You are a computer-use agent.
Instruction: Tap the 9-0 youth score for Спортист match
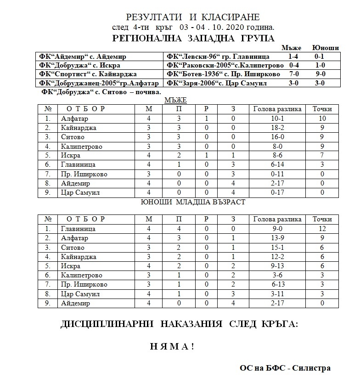coord(320,74)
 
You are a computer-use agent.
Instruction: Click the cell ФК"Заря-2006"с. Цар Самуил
coord(216,83)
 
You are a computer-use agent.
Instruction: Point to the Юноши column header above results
coord(325,48)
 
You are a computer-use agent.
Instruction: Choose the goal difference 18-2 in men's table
coord(277,128)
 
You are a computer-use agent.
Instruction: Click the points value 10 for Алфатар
coord(322,118)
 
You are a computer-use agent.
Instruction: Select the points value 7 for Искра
coord(322,156)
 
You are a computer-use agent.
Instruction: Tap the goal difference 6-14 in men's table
coord(277,165)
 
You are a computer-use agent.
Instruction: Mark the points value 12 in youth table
coord(322,228)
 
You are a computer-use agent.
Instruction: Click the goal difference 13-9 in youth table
coord(277,238)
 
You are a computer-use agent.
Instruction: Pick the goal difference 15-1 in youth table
coord(277,247)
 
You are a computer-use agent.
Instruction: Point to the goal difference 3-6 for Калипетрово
coord(277,275)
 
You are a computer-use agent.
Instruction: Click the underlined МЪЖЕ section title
coord(175,100)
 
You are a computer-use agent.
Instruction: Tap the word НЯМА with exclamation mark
coord(172,346)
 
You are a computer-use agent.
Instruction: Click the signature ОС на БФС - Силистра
coord(285,368)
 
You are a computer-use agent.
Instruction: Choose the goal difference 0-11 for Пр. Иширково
coord(277,174)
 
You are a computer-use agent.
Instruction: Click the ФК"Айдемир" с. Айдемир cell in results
coord(83,56)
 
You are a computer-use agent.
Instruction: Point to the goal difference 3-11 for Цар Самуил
coord(277,294)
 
